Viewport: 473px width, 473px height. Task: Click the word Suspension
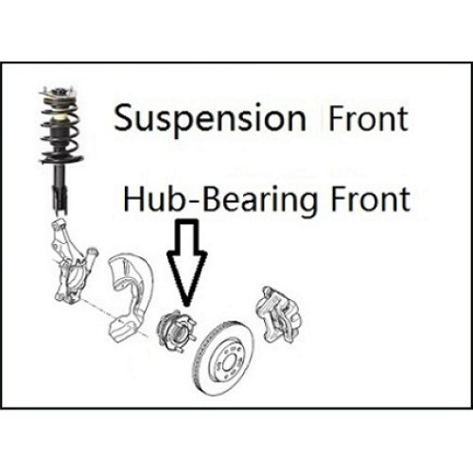210,120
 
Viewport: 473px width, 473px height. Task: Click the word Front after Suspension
368,118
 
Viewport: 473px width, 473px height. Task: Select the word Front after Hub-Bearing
370,199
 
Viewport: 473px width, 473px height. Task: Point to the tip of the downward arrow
187,306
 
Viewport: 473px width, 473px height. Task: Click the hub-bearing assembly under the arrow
176,330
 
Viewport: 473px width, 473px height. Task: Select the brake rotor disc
223,358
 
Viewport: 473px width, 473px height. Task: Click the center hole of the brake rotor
227,362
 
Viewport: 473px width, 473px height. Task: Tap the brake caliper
278,314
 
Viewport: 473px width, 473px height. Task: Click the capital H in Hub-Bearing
134,199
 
